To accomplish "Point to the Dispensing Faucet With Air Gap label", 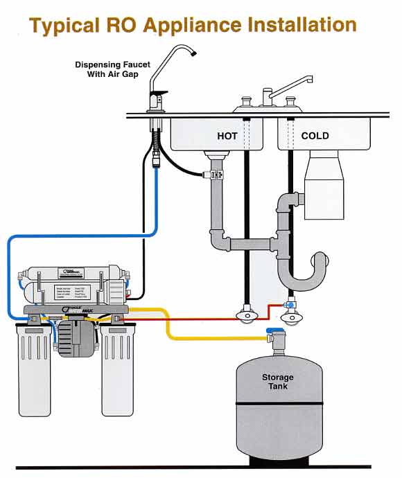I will (113, 70).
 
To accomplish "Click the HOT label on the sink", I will (227, 136).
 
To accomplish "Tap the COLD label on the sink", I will (315, 136).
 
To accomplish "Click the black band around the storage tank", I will (277, 402).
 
